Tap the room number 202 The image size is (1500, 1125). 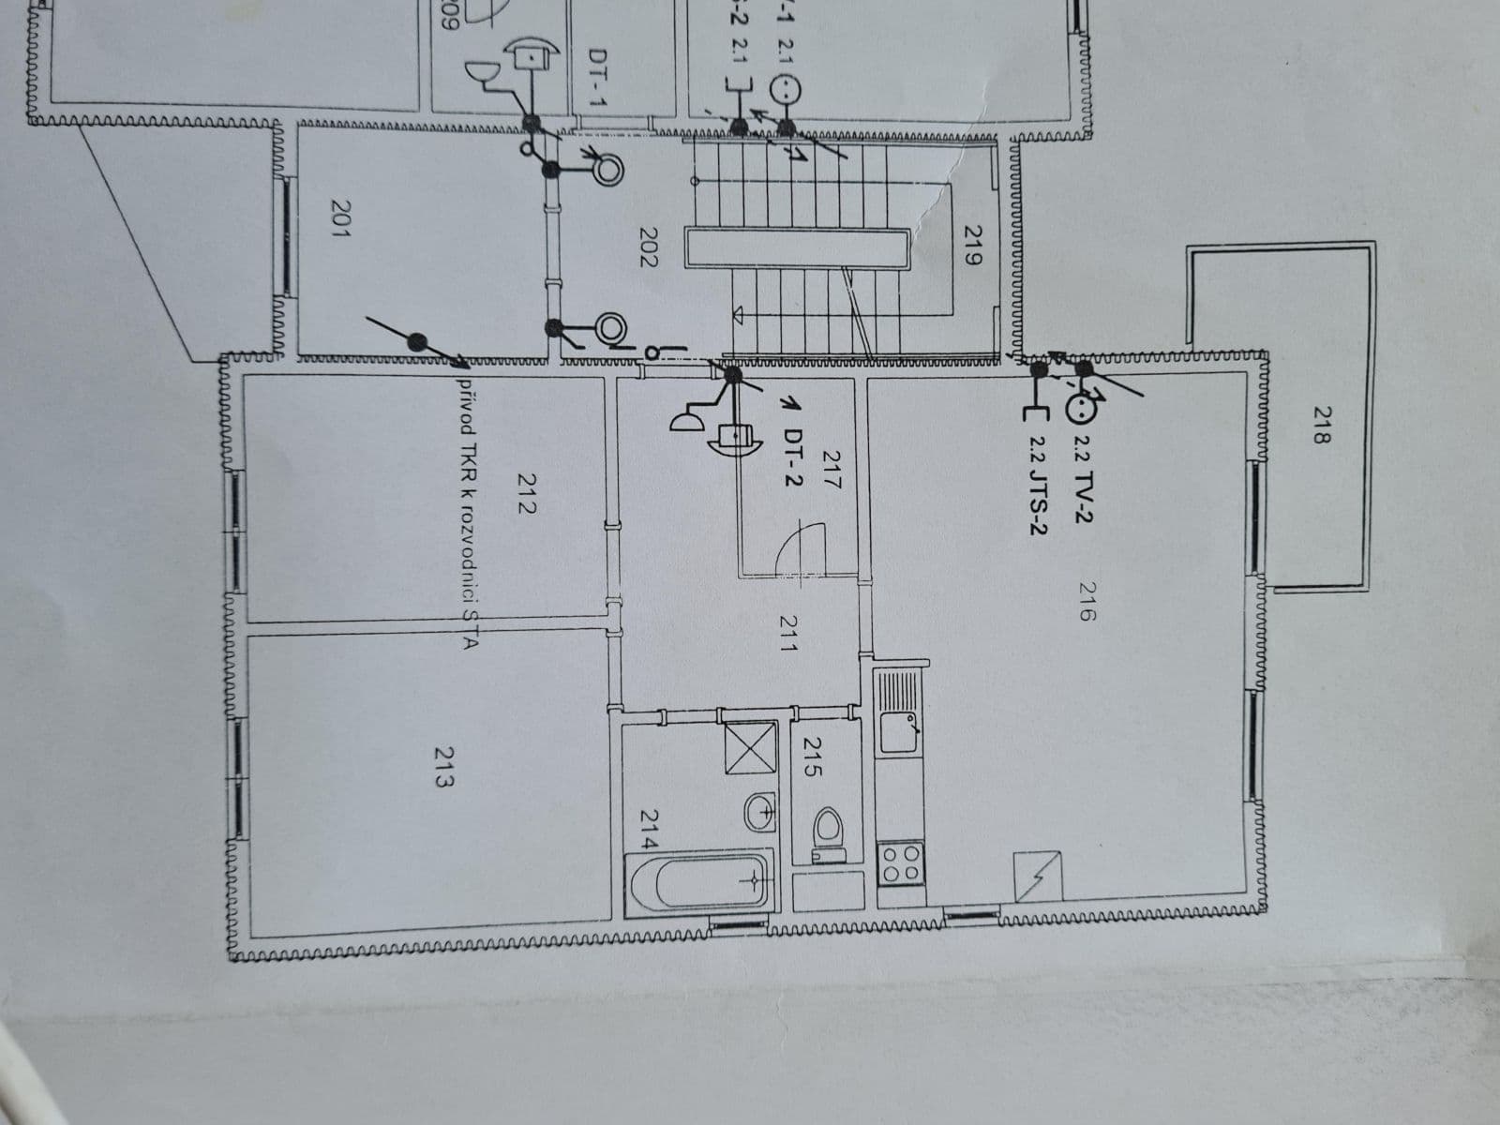tap(648, 247)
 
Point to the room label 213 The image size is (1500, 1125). tap(444, 766)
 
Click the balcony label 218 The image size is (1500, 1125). tap(1322, 425)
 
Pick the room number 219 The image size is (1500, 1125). tap(972, 245)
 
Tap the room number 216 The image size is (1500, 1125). tap(1087, 601)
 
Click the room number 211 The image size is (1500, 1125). tap(788, 633)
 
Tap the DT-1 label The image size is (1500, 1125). tap(597, 78)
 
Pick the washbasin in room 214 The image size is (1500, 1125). tap(759, 812)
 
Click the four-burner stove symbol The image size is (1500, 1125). tap(901, 862)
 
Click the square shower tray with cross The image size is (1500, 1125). tap(750, 748)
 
